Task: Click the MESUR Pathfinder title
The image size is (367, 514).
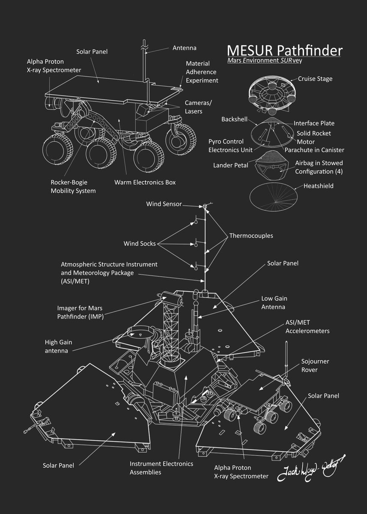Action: tap(284, 50)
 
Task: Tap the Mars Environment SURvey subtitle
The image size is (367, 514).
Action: tap(265, 60)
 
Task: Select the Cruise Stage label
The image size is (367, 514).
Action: tap(315, 79)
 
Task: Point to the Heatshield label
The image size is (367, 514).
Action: tap(318, 186)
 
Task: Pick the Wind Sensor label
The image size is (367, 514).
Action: tap(164, 204)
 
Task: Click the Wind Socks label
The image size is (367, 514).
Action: tap(140, 244)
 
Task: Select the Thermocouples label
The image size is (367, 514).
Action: tap(251, 236)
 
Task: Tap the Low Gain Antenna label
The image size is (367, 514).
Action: tap(273, 302)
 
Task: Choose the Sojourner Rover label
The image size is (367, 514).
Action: tap(315, 365)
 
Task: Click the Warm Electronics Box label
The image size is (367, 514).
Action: tap(145, 182)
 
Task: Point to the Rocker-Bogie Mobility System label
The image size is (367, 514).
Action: tap(73, 186)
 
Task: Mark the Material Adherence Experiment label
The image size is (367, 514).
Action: tap(202, 72)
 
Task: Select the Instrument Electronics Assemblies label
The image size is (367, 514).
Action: tap(161, 468)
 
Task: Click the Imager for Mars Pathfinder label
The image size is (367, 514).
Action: tap(81, 312)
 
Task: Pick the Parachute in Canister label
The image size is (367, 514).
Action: tap(314, 150)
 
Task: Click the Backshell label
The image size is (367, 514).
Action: tap(234, 119)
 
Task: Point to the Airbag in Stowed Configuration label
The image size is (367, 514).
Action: tap(319, 167)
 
